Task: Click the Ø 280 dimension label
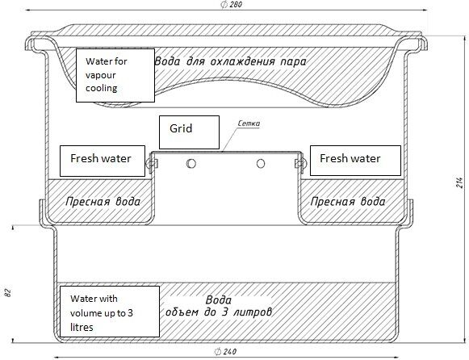pyautogui.click(x=231, y=5)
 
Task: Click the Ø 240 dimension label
pyautogui.click(x=225, y=352)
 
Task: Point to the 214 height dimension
pyautogui.click(x=460, y=182)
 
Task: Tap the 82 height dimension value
pyautogui.click(x=8, y=293)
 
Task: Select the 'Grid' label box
pyautogui.click(x=189, y=132)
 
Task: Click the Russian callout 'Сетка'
pyautogui.click(x=249, y=123)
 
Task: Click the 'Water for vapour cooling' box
pyautogui.click(x=115, y=75)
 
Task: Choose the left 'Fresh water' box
pyautogui.click(x=103, y=161)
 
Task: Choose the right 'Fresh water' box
pyautogui.click(x=355, y=161)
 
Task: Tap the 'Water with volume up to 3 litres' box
pyautogui.click(x=110, y=312)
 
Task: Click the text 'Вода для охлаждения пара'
pyautogui.click(x=230, y=61)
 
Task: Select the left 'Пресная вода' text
pyautogui.click(x=103, y=202)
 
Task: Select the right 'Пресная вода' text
pyautogui.click(x=348, y=202)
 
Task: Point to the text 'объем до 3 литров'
pyautogui.click(x=219, y=312)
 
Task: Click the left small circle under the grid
pyautogui.click(x=191, y=164)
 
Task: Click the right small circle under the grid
pyautogui.click(x=261, y=164)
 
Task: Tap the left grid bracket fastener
pyautogui.click(x=152, y=164)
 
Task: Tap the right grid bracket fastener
pyautogui.click(x=300, y=164)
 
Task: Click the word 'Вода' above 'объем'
pyautogui.click(x=219, y=300)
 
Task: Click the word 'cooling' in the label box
pyautogui.click(x=102, y=89)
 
